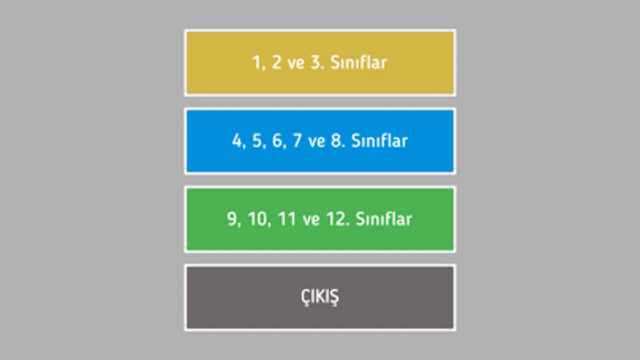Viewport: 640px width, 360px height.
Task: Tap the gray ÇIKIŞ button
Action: pyautogui.click(x=320, y=298)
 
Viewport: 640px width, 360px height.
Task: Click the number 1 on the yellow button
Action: pyautogui.click(x=256, y=62)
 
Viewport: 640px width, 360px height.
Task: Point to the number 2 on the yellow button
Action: pyautogui.click(x=276, y=62)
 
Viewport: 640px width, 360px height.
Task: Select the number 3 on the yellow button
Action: pyautogui.click(x=316, y=62)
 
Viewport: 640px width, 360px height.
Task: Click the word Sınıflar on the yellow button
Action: pyautogui.click(x=359, y=62)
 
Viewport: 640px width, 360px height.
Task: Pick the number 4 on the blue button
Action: pyautogui.click(x=237, y=141)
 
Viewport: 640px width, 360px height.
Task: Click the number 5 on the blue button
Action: pyautogui.click(x=257, y=141)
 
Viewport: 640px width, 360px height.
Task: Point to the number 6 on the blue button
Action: pyautogui.click(x=277, y=141)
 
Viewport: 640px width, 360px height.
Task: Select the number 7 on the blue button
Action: pyautogui.click(x=297, y=141)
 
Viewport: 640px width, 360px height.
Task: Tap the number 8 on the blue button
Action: pyautogui.click(x=336, y=141)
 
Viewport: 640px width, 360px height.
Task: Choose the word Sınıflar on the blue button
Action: pyautogui.click(x=379, y=141)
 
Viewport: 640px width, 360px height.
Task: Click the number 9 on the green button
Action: pyautogui.click(x=232, y=219)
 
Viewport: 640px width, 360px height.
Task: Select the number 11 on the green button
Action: pyautogui.click(x=287, y=219)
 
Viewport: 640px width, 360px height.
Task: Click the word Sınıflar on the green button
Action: pyautogui.click(x=383, y=219)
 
